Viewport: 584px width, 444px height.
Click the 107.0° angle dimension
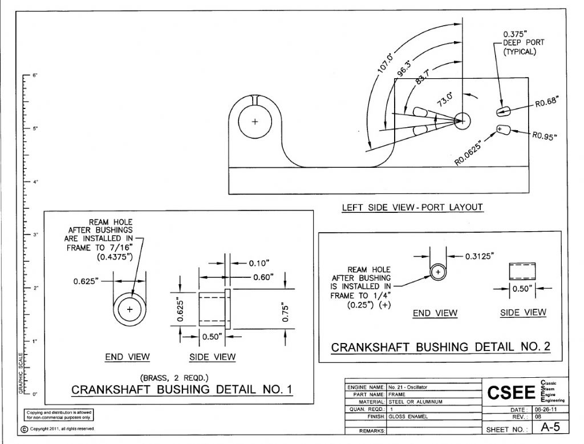point(385,63)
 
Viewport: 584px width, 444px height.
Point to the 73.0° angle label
point(445,99)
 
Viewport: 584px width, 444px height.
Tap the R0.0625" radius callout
point(468,153)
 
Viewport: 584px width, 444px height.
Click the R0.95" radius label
point(545,136)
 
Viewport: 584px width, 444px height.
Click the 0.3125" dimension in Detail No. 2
point(480,256)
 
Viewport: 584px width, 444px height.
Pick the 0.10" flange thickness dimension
point(259,263)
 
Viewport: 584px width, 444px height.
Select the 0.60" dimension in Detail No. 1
point(263,277)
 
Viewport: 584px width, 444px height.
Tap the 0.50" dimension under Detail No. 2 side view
point(523,289)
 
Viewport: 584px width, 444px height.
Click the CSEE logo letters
point(511,393)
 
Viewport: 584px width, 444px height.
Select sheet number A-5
point(550,427)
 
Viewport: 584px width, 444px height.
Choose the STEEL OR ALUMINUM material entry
point(415,402)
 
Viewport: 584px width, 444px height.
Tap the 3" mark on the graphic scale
point(35,235)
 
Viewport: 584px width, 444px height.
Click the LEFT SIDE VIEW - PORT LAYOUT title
point(412,207)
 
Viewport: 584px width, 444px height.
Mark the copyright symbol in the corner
point(24,429)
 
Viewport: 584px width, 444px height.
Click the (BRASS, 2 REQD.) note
point(175,378)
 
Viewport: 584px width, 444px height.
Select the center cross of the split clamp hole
point(255,121)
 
